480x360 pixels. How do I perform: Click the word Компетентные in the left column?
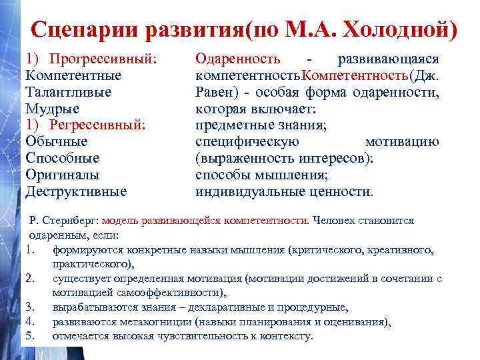click(69, 75)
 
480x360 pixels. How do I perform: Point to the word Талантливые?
click(68, 92)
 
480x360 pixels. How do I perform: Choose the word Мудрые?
click(52, 109)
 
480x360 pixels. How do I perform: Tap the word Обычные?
click(57, 142)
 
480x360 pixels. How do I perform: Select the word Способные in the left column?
click(62, 159)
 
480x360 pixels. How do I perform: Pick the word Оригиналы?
click(62, 175)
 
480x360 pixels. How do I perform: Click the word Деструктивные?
click(75, 192)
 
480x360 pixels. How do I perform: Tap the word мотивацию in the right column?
click(402, 142)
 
